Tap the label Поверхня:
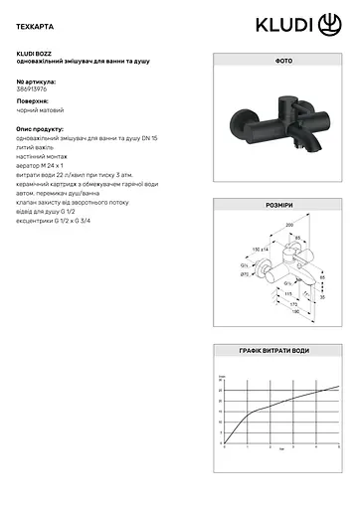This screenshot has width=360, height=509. click(33, 101)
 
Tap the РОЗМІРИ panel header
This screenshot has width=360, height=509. click(282, 204)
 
